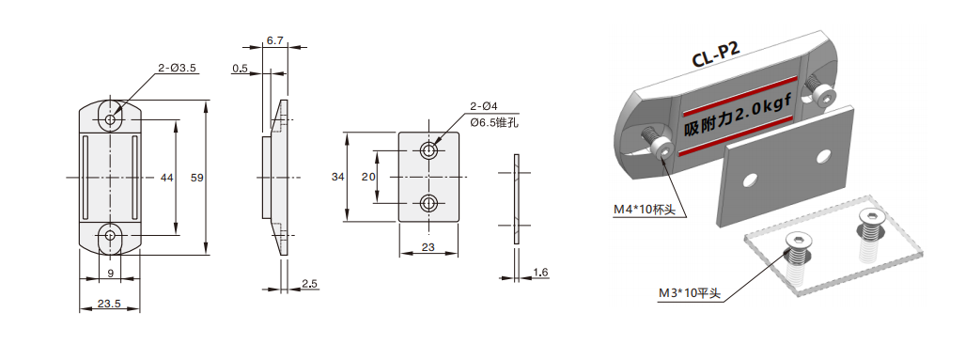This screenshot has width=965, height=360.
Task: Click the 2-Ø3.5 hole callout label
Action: click(x=177, y=69)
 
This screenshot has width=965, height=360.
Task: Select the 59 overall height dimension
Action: click(x=197, y=178)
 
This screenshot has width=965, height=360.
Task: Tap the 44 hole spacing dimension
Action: click(x=166, y=178)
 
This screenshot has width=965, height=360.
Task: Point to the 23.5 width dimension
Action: click(x=108, y=303)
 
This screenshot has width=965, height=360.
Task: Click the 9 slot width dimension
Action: click(x=110, y=271)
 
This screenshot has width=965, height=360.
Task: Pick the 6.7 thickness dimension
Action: click(x=274, y=40)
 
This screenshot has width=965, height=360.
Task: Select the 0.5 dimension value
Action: click(x=240, y=69)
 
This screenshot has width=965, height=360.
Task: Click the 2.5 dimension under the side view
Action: click(x=309, y=283)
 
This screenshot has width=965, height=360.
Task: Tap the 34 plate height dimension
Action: click(x=338, y=177)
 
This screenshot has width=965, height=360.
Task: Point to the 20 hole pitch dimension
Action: click(x=368, y=177)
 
